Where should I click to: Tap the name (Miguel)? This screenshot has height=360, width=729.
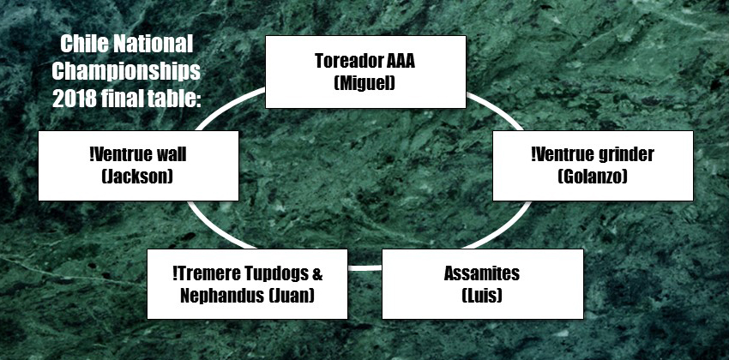tap(365, 83)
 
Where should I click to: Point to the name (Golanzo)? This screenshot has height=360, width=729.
tap(593, 177)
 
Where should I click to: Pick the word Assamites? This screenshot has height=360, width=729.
tap(482, 273)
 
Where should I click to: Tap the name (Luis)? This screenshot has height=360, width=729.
tap(482, 296)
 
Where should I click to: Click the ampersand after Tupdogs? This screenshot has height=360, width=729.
tap(316, 273)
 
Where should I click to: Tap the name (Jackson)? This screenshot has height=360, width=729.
tap(137, 177)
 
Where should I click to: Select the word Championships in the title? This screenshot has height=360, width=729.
tap(126, 71)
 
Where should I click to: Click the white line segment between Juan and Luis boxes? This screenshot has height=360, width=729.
tap(364, 268)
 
